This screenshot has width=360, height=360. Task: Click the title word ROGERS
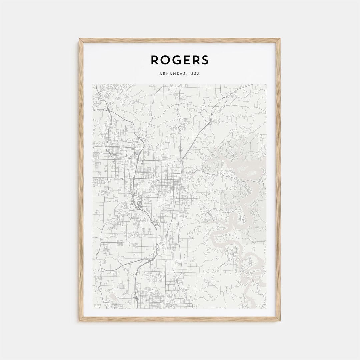(x=180, y=60)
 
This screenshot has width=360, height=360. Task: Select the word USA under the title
(x=195, y=74)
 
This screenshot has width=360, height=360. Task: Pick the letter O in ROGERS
(x=166, y=60)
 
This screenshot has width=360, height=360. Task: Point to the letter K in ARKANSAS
(x=167, y=74)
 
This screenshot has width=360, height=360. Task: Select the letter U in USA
(x=192, y=74)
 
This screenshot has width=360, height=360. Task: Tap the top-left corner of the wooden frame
(x=80, y=39)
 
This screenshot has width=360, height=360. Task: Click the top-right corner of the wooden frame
(x=279, y=39)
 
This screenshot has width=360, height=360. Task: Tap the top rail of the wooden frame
(x=180, y=40)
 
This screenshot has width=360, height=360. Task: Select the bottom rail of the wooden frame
(x=180, y=319)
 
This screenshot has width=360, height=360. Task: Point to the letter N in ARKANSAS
(x=175, y=74)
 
